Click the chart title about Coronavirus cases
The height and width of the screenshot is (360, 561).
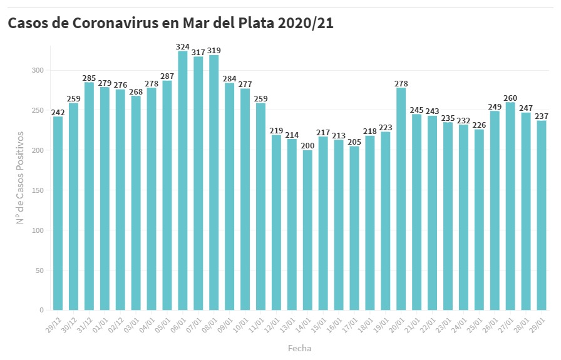[170, 23]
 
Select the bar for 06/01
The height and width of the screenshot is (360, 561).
[183, 182]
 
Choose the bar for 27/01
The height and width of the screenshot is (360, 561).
[510, 207]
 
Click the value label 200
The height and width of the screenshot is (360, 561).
[307, 146]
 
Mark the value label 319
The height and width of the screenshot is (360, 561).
[214, 51]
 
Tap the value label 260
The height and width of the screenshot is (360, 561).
[510, 98]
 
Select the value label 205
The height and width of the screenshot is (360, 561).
[354, 142]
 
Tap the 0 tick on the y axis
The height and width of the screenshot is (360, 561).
[41, 310]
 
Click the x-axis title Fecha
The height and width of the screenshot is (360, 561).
[299, 348]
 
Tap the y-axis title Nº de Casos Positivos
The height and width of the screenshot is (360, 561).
[20, 177]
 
